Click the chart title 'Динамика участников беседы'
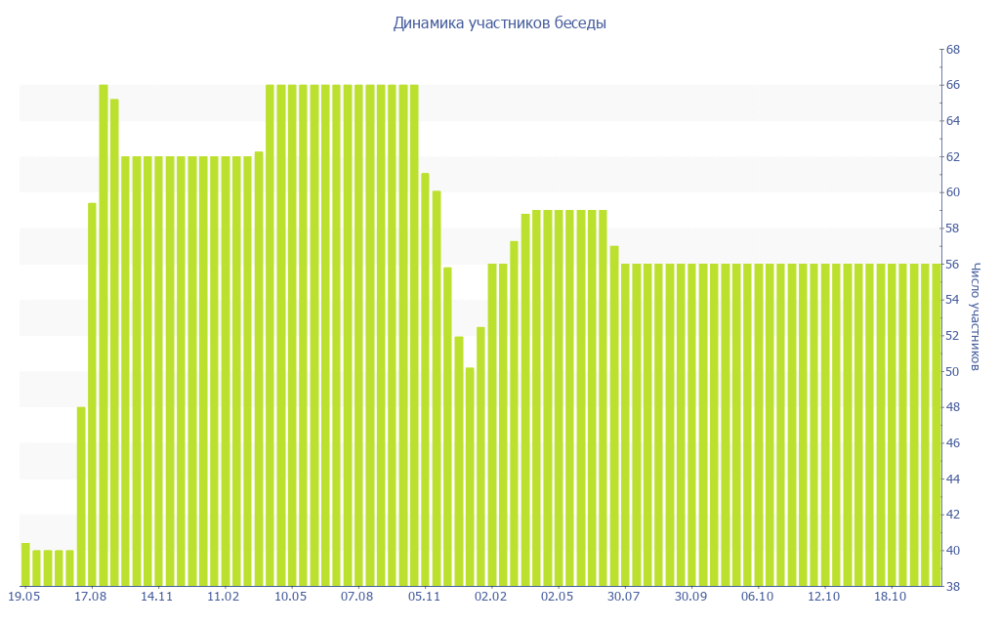click(x=500, y=23)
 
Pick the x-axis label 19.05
click(x=23, y=596)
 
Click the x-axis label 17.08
click(x=90, y=596)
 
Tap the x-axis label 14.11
click(x=156, y=596)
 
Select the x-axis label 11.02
click(x=224, y=596)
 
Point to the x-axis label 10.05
click(x=290, y=596)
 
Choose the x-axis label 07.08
click(x=356, y=596)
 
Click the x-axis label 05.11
click(x=424, y=596)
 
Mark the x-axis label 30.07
click(x=624, y=596)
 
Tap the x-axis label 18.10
click(x=891, y=596)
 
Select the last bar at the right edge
click(x=937, y=425)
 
